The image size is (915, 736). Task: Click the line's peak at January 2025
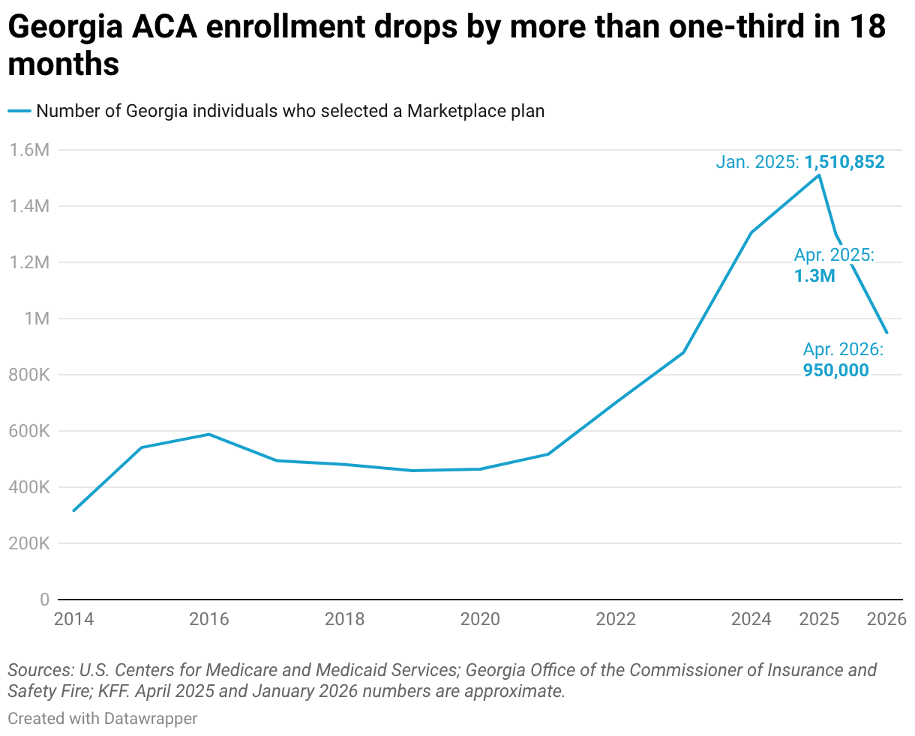(x=819, y=175)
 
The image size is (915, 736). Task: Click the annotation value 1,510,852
(x=844, y=162)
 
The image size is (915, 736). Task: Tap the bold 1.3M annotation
(x=814, y=276)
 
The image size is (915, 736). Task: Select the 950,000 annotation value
(x=835, y=369)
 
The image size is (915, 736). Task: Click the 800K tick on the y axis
(x=30, y=375)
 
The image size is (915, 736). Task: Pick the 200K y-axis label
(x=30, y=543)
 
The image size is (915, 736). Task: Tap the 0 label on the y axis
(x=44, y=600)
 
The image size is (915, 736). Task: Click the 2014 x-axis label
(x=73, y=619)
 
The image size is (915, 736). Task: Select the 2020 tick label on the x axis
(x=480, y=619)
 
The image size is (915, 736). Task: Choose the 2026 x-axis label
(x=886, y=619)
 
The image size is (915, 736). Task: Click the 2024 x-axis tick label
(x=751, y=619)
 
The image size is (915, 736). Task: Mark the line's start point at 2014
(x=73, y=510)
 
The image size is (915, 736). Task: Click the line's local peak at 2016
(x=209, y=434)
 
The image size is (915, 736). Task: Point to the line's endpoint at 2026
(x=886, y=332)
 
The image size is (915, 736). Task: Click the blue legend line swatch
(x=19, y=111)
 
